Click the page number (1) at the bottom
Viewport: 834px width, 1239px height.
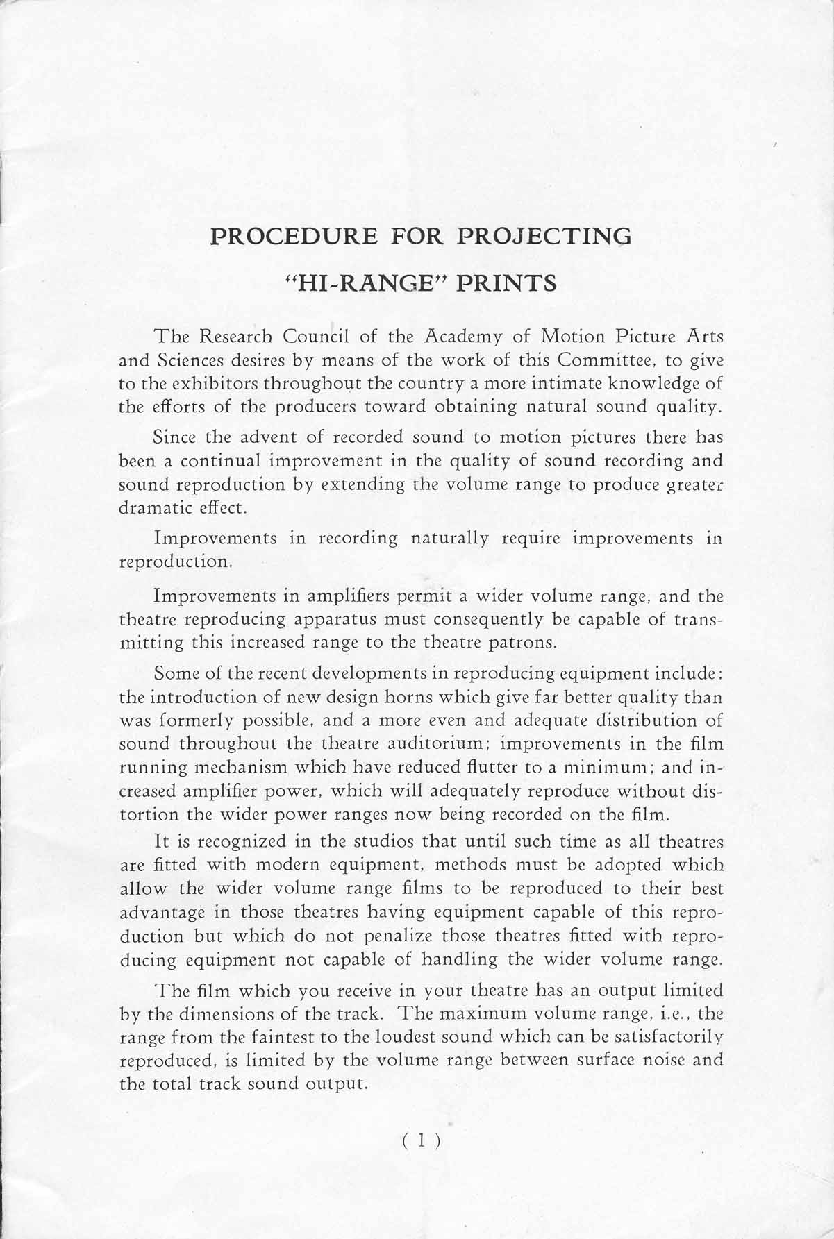[x=422, y=1140]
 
